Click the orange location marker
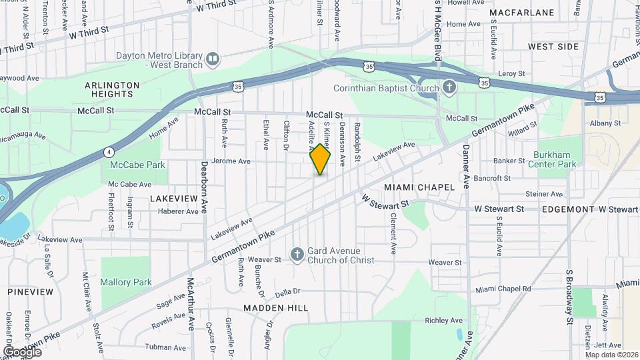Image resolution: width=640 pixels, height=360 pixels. coord(321,159)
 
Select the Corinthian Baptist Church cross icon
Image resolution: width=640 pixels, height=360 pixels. coord(449,87)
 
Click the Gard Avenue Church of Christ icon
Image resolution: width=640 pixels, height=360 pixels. coord(297,255)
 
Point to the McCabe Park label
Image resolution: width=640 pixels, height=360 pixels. coord(127,164)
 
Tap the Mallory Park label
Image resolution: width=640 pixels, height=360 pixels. coord(126,282)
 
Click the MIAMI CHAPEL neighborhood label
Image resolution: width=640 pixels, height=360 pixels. coord(419,187)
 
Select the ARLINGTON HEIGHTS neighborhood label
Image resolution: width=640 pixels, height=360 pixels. coord(112,89)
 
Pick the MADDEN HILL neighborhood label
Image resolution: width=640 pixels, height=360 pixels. coord(275,308)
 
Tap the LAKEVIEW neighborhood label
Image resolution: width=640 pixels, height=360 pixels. coord(174,199)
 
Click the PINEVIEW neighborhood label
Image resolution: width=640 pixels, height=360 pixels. coord(30,292)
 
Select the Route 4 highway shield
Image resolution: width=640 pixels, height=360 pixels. coord(108,151)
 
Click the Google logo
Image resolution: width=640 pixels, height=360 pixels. coord(22,351)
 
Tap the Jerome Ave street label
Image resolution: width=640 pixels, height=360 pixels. coord(230,161)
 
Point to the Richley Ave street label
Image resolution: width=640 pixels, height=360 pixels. coord(443,321)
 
